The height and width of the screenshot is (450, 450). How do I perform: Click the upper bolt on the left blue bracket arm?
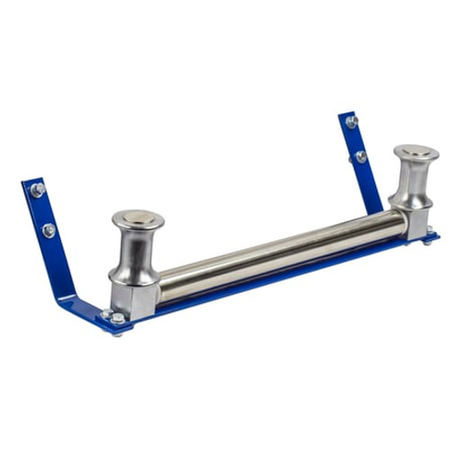[37, 190]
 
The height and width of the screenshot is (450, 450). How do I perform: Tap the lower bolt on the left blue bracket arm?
[48, 230]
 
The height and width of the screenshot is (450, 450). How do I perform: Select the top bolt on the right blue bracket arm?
[351, 121]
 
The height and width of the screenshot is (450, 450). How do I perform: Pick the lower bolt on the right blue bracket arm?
[361, 157]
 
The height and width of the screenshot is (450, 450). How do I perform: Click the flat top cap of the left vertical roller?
[138, 218]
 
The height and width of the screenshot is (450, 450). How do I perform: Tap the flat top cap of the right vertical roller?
[416, 152]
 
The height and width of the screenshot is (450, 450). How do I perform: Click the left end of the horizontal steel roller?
[166, 284]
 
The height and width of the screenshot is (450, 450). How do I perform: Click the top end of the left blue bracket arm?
[32, 184]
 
